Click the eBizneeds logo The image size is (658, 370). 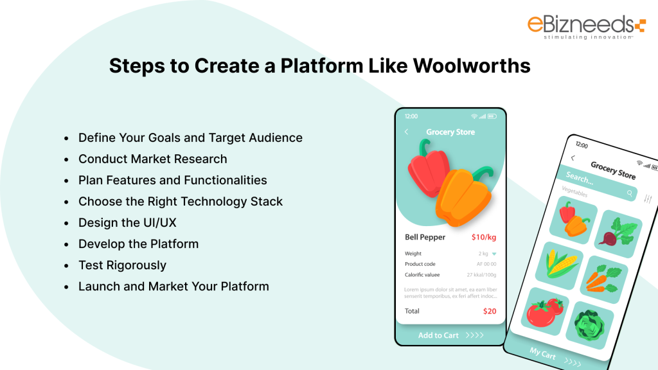(583, 27)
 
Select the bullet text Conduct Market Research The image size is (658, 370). (152, 159)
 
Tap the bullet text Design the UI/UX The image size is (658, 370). (127, 222)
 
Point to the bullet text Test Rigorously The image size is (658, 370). (122, 265)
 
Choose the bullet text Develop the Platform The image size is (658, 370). (138, 243)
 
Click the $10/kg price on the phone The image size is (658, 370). (483, 237)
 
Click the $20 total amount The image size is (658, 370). (490, 311)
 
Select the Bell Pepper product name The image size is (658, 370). (425, 237)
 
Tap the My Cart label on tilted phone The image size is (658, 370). (542, 353)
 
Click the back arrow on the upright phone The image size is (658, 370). (406, 132)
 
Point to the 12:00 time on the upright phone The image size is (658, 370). (411, 116)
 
